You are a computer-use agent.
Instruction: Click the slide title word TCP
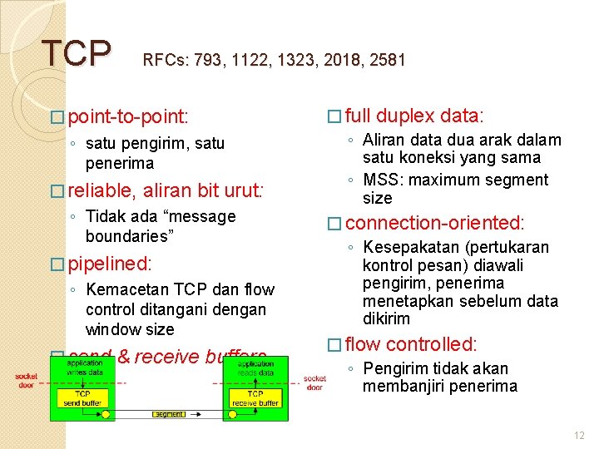(76, 53)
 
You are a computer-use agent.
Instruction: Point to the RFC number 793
(206, 60)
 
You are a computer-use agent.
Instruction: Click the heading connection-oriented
(434, 223)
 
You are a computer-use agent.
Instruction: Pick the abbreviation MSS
(380, 180)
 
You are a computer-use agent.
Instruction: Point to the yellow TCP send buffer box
(83, 397)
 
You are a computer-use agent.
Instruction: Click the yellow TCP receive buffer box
(255, 397)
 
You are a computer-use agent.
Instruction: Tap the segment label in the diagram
(169, 413)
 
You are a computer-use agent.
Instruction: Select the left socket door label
(27, 382)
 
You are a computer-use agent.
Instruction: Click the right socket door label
(314, 382)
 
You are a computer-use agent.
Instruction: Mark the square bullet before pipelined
(57, 265)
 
